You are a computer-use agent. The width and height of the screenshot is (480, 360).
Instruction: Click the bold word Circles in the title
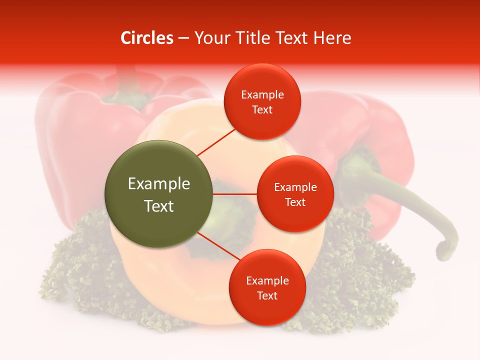point(146,38)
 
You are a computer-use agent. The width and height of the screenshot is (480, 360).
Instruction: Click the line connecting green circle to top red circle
point(216,142)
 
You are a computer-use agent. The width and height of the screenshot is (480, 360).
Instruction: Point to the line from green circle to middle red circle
point(234,193)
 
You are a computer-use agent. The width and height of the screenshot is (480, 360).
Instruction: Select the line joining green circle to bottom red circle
point(218,246)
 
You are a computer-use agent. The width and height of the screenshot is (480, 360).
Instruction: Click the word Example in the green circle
point(158,184)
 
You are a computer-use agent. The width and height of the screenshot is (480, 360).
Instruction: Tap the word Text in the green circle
point(158,206)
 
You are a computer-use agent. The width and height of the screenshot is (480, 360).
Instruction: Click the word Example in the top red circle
point(262,94)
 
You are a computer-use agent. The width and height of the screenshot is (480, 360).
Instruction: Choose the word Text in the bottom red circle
point(267,295)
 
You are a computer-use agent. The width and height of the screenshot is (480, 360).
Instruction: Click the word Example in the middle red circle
point(295,187)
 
